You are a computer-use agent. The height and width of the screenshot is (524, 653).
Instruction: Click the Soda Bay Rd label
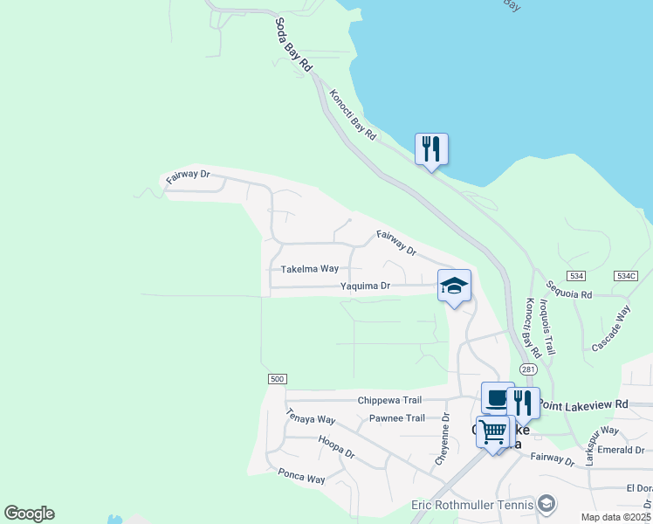tap(293, 45)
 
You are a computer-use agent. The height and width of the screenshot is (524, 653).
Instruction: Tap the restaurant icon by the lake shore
tap(430, 149)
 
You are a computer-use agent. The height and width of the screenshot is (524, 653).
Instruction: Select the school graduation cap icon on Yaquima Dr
tap(454, 286)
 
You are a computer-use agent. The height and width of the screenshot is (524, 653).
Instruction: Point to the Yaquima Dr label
tap(364, 286)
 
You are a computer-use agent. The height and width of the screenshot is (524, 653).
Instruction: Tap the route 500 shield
tap(277, 378)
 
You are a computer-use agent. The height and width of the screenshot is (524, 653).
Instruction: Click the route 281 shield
tap(528, 369)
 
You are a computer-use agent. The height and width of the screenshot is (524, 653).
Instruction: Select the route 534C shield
tap(626, 275)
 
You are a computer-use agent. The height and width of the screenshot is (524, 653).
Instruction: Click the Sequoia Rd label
tap(568, 289)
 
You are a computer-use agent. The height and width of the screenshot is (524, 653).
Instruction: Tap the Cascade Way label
tap(611, 328)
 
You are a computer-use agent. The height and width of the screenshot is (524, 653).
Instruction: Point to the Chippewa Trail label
tap(389, 400)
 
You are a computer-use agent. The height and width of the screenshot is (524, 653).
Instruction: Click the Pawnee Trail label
tap(396, 418)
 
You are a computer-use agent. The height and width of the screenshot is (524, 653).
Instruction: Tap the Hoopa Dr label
tap(336, 447)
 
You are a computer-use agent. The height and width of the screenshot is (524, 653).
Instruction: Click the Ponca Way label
tap(301, 478)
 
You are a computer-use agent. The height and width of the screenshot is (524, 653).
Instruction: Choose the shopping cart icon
tap(493, 431)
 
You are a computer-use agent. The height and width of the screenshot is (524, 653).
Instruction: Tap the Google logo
tap(29, 514)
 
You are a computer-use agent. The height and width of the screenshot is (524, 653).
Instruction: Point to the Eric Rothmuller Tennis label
tap(472, 505)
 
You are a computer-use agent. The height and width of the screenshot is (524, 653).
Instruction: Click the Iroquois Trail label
tap(547, 326)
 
